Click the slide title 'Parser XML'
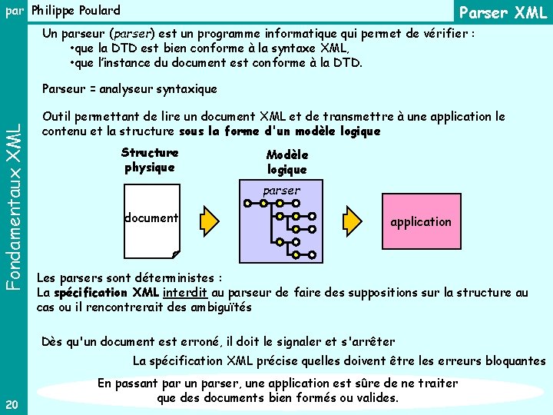[502, 13]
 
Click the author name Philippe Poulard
[76, 11]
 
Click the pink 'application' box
[420, 221]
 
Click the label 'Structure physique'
[150, 160]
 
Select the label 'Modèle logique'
[286, 161]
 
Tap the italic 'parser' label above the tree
[281, 190]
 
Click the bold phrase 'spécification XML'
[106, 292]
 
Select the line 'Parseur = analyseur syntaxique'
[130, 89]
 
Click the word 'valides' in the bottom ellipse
[376, 398]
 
